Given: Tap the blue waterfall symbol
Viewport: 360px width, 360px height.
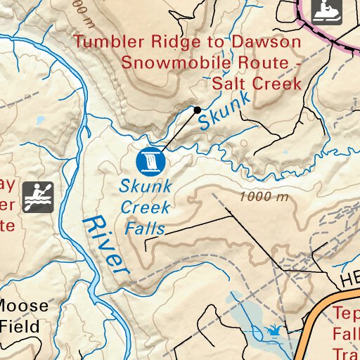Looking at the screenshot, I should pos(150,162).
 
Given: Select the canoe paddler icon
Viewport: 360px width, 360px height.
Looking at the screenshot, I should pos(38,196).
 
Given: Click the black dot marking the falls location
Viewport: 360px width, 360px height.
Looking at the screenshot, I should pos(198,110).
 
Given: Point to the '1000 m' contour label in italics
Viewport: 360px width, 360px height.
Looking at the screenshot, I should pos(264,197).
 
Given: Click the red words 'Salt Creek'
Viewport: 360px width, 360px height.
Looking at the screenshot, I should pos(257,84).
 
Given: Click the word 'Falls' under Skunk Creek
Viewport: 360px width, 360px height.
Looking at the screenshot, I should pos(145,228).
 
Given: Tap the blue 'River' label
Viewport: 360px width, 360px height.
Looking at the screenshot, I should pos(106,245).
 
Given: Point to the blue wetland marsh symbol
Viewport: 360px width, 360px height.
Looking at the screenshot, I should pos(274,329).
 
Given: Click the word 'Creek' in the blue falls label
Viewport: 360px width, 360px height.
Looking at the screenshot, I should pos(146,207).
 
